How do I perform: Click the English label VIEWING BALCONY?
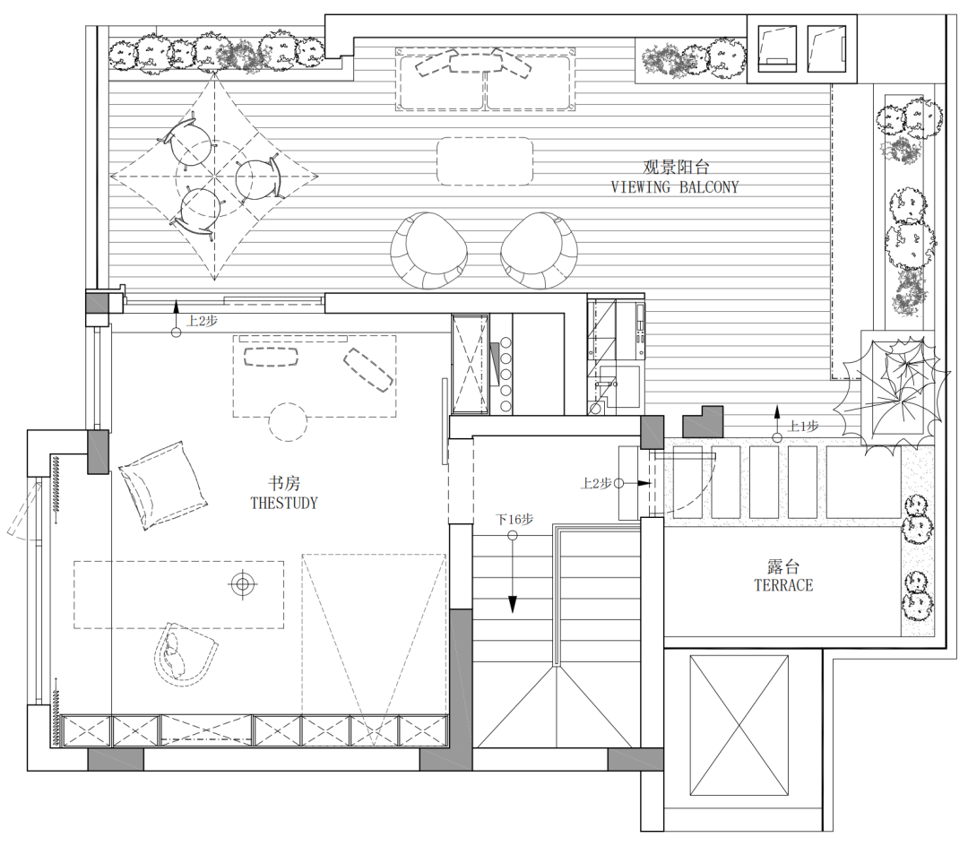pos(675,187)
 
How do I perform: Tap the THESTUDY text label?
pos(284,503)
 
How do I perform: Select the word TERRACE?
pos(783,585)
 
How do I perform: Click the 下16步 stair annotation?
pos(514,520)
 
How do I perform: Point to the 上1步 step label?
pos(804,426)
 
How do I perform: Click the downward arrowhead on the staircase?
pos(513,605)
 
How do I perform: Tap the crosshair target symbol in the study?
pos(243,583)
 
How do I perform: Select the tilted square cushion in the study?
pos(163,485)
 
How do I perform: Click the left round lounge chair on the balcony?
pos(428,251)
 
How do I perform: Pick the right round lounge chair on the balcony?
pos(539,251)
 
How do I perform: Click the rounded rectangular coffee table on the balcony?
pos(485,161)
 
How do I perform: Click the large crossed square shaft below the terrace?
pos(739,726)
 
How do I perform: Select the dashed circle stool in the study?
pos(289,422)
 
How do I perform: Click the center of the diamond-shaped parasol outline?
pos(214,177)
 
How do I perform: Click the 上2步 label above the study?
pos(202,321)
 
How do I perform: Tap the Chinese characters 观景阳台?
pos(677,167)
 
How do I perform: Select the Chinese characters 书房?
pos(284,482)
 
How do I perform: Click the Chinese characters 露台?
pos(783,565)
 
